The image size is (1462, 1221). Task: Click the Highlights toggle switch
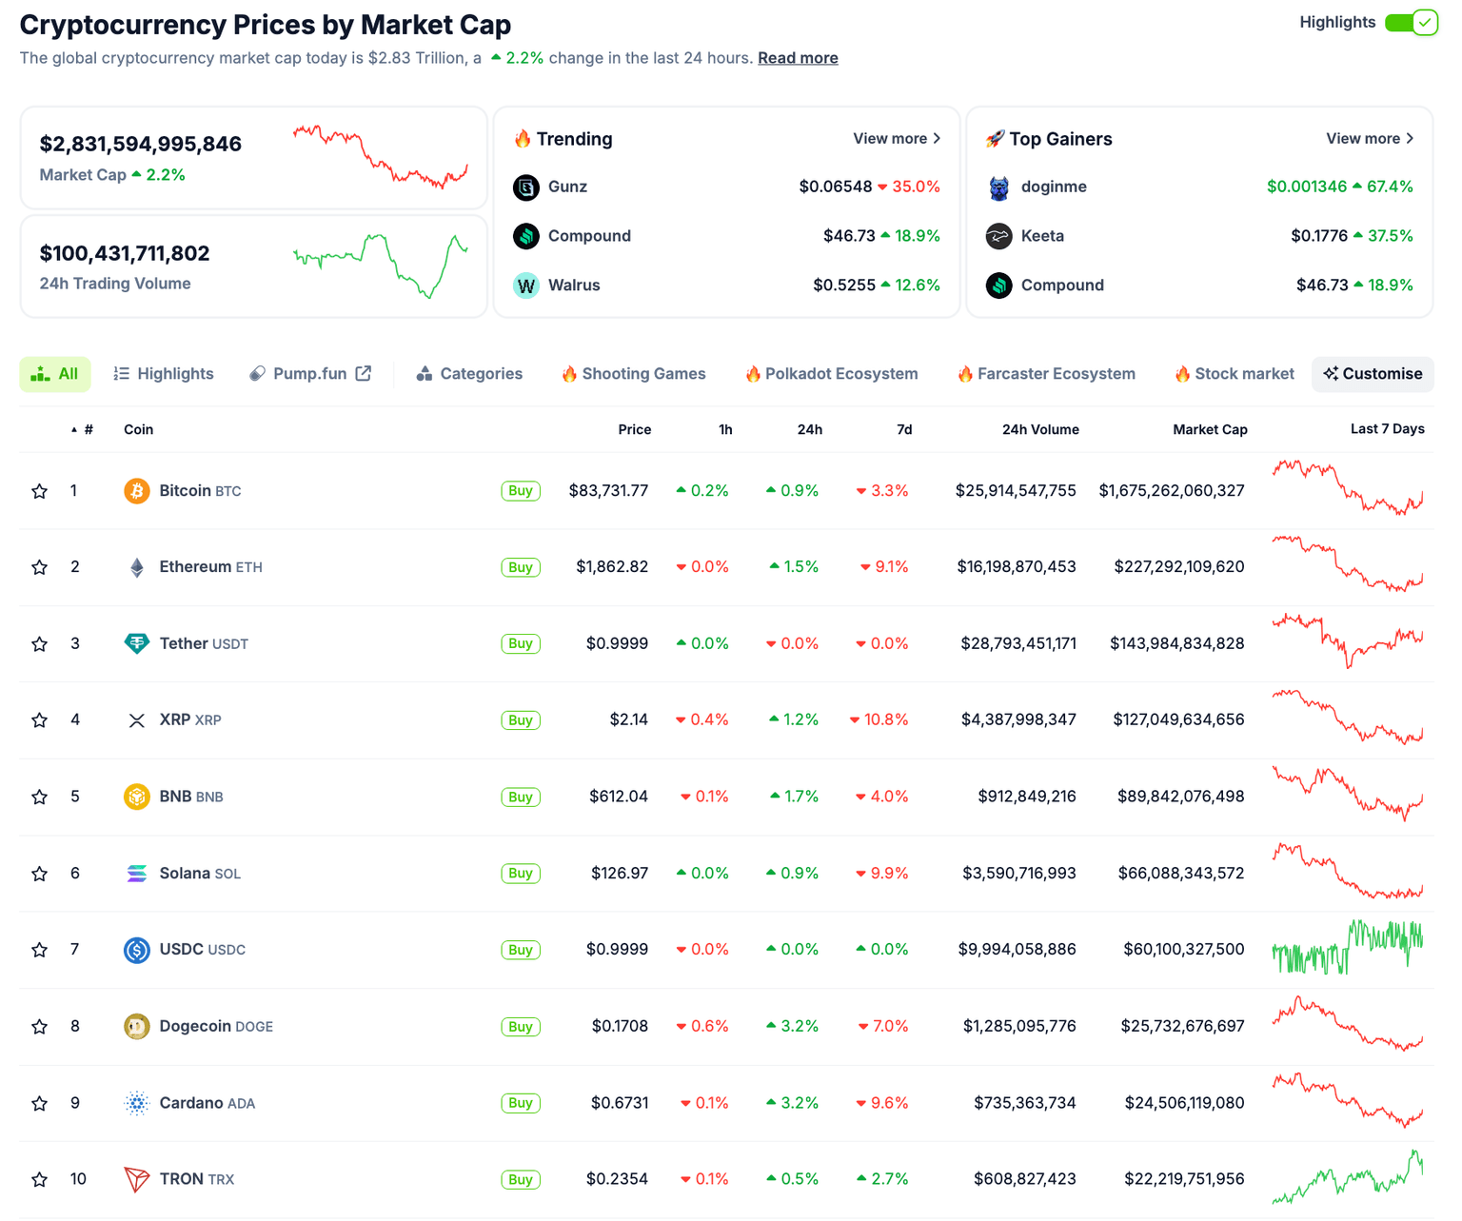tap(1411, 22)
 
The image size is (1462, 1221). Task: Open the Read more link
tap(798, 58)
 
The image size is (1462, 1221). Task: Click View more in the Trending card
tap(897, 139)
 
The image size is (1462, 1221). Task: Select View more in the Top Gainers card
tap(1370, 139)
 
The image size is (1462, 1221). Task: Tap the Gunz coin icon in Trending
tap(526, 187)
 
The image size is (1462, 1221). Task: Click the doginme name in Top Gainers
tap(1054, 187)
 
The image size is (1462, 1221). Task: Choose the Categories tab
tap(469, 374)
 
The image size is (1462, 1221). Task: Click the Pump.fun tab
tap(309, 374)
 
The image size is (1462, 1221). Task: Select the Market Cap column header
tap(1210, 430)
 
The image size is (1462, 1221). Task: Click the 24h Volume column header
tap(1040, 430)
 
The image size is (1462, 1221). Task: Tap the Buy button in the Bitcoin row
tap(521, 491)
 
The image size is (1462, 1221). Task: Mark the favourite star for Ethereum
tap(39, 567)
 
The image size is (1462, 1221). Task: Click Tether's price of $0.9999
tap(617, 644)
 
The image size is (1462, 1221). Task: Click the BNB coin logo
tap(137, 797)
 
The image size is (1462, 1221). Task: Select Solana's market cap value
tap(1180, 874)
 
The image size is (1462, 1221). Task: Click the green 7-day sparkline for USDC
tap(1348, 948)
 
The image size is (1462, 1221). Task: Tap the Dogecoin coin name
tap(195, 1027)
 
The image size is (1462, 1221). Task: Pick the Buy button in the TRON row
tap(521, 1180)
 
